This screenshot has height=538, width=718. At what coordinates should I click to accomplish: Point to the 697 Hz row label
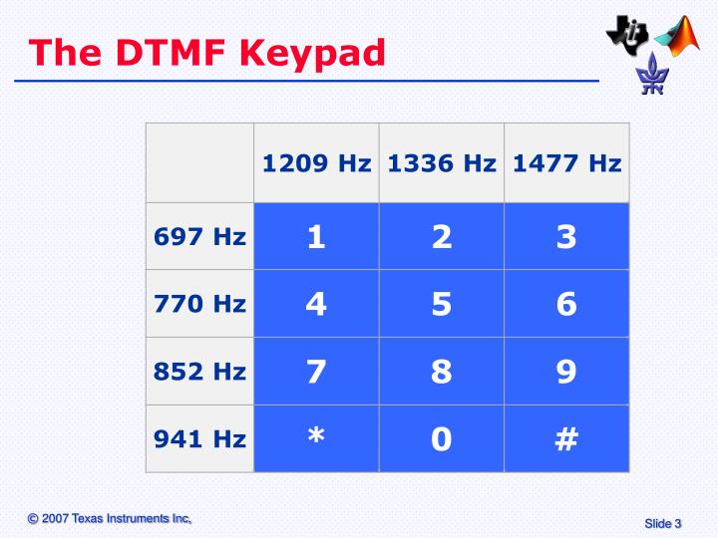tap(199, 237)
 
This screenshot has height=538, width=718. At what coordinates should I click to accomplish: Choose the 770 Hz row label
tap(199, 304)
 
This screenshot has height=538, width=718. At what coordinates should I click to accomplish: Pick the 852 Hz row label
tap(199, 372)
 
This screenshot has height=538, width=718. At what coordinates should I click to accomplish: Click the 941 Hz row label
tap(199, 438)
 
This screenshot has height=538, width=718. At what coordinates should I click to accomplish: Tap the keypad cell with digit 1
tap(316, 237)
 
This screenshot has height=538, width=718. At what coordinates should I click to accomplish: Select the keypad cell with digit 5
tap(442, 304)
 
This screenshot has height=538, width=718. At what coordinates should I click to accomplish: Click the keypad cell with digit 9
tap(566, 372)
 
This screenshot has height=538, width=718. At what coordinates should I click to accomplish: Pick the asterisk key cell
tap(316, 438)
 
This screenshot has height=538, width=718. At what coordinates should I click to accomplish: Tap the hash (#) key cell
tap(566, 438)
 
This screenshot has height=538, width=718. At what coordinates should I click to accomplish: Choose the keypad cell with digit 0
tap(442, 438)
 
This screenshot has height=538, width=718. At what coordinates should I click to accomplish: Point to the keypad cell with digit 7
tap(316, 372)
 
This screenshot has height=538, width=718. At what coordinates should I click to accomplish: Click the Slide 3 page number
tap(662, 524)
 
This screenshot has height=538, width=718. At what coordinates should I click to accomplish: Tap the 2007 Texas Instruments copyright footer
tap(110, 518)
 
